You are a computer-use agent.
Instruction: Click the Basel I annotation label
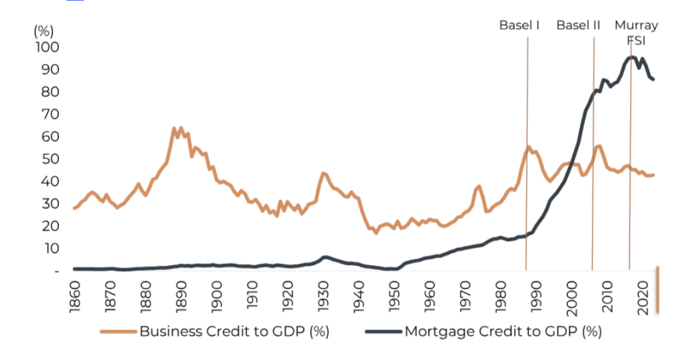click(x=519, y=25)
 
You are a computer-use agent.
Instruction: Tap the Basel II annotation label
click(x=578, y=25)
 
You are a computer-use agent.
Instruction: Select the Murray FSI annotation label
click(x=636, y=32)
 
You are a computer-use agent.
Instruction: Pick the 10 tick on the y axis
click(x=52, y=249)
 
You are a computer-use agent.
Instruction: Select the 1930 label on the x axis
click(x=324, y=296)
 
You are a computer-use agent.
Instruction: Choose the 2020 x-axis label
click(x=643, y=296)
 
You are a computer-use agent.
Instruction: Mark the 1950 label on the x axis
click(x=395, y=296)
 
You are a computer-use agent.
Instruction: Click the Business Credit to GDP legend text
click(x=234, y=331)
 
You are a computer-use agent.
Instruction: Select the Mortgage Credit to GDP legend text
click(x=503, y=331)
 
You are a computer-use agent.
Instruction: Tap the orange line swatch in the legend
click(x=118, y=331)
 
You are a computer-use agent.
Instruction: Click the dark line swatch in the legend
click(x=383, y=331)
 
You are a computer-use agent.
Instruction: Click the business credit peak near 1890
click(x=174, y=128)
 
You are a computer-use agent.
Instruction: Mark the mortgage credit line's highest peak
click(x=631, y=57)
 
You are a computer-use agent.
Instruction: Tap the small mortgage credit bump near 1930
click(x=325, y=257)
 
